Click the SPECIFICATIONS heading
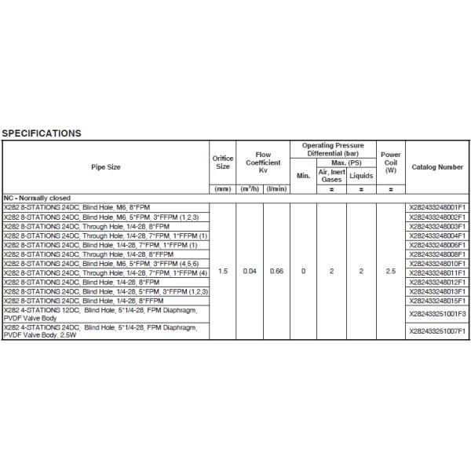coord(42,133)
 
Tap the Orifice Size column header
coord(223,162)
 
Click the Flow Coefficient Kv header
coord(263,162)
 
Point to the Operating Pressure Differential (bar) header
coord(334,150)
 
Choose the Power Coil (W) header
coord(391,162)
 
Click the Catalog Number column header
coord(437,166)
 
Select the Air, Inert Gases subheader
coord(332,176)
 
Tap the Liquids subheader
coord(361,176)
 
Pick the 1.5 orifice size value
coord(223,271)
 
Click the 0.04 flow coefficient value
coord(250,271)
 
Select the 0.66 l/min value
coord(276,271)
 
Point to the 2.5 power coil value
coord(391,271)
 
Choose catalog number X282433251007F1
coord(437,330)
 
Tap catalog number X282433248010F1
coord(437,263)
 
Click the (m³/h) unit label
coord(250,189)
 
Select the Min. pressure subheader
coord(304,176)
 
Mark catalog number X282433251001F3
coord(437,313)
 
